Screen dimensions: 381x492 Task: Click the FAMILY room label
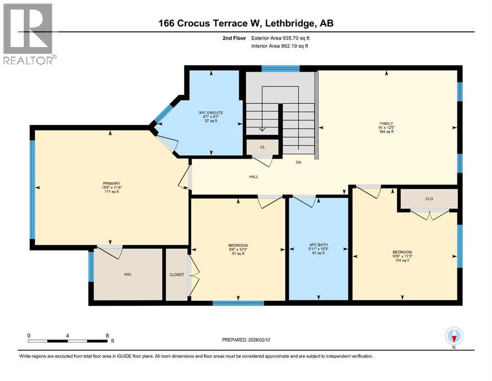386,124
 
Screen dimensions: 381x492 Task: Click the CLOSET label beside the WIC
176,274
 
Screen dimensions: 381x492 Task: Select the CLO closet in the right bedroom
429,198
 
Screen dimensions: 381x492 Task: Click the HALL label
253,177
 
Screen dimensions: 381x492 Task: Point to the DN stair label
298,162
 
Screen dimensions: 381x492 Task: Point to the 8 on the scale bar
108,335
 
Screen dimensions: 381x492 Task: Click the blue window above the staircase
280,68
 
